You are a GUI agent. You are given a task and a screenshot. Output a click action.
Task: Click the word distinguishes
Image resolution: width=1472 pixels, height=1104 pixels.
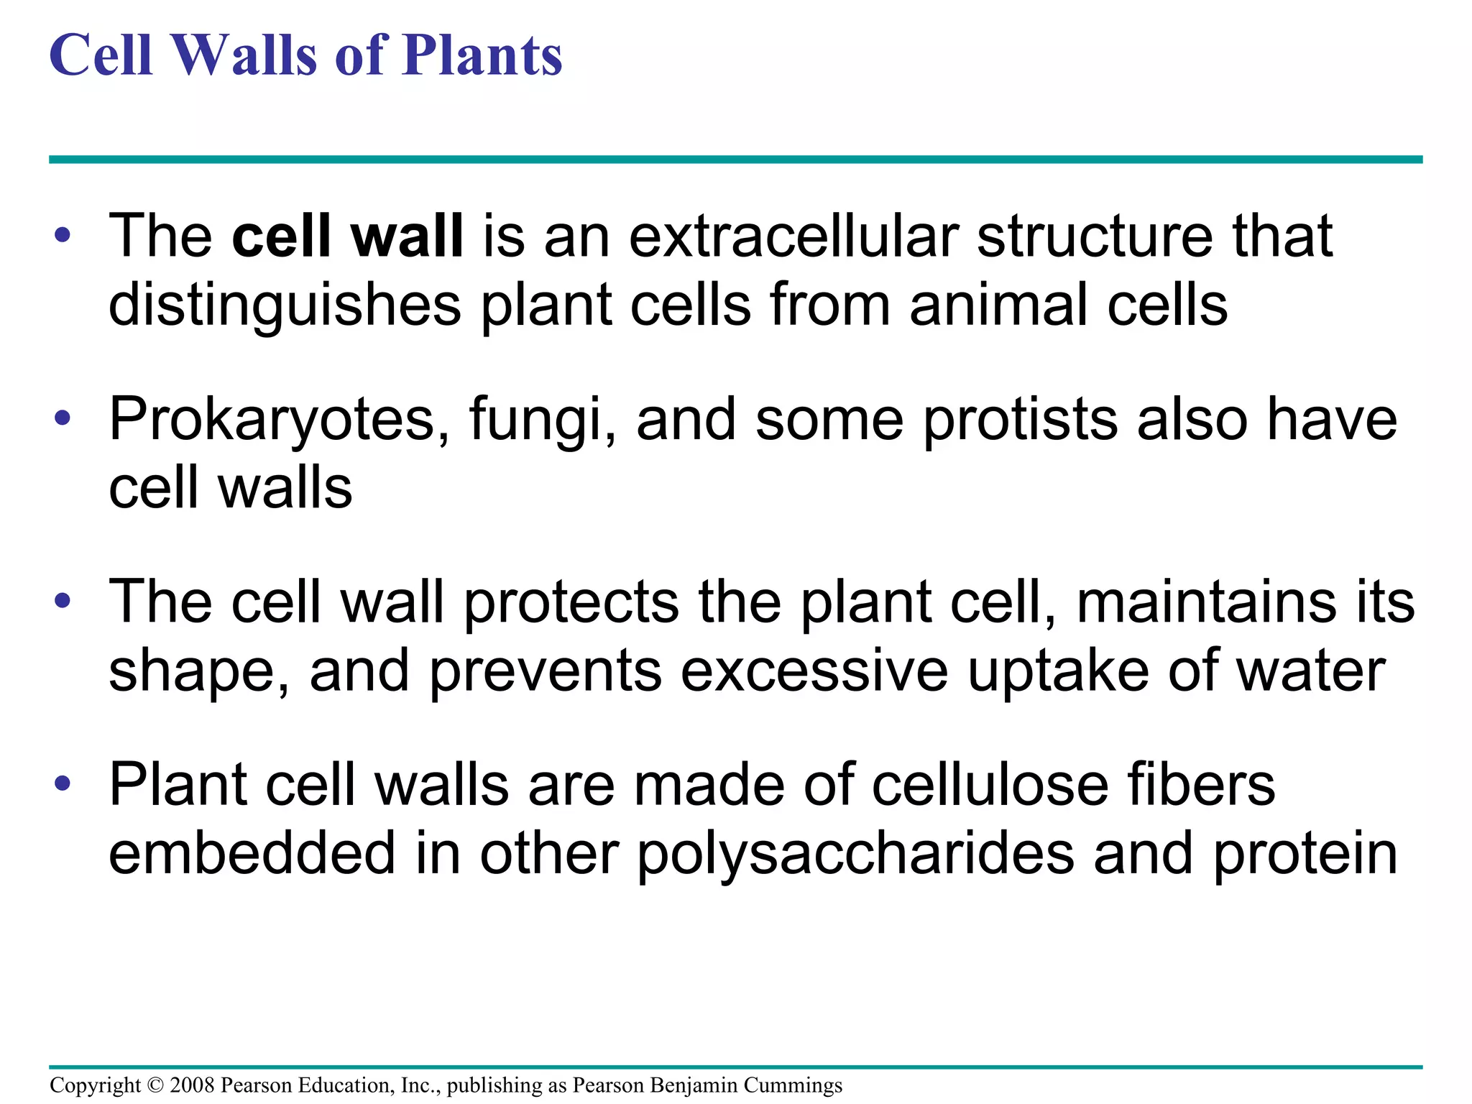pos(285,305)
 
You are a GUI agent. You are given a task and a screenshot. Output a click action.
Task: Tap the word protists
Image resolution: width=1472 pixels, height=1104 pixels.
pos(1020,420)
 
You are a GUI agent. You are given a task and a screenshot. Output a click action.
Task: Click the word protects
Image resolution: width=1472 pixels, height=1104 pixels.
pos(571,602)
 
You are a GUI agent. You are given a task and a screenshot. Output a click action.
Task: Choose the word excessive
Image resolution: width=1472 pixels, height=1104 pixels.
pos(814,671)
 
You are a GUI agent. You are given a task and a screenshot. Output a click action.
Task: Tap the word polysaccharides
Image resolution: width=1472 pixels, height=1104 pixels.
pos(855,854)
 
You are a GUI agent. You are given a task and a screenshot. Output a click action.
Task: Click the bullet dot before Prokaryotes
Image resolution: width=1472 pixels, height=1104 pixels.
pos(63,418)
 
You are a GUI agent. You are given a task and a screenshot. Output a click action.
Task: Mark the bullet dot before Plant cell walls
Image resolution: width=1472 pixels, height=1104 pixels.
pos(63,783)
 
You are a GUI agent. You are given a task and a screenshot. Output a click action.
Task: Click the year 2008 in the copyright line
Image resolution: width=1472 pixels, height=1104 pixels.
pos(192,1085)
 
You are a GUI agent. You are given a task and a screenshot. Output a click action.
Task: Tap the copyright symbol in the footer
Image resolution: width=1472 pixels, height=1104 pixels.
pos(155,1085)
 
